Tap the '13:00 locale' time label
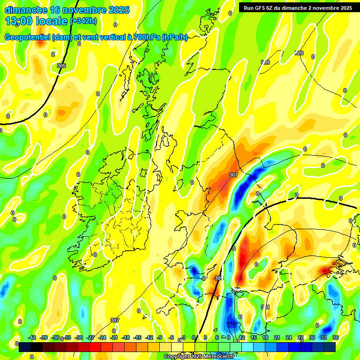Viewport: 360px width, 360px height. (x=36, y=21)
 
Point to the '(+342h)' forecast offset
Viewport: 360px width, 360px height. (x=83, y=21)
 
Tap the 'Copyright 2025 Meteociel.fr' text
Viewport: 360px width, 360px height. (x=199, y=356)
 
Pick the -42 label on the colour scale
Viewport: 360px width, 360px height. (x=32, y=337)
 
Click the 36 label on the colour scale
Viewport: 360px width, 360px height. (x=336, y=337)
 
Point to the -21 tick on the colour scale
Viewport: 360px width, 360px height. (x=114, y=337)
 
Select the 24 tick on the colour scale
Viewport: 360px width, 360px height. (x=289, y=337)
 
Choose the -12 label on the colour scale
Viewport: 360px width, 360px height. (x=149, y=337)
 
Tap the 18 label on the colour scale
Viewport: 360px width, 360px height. (x=265, y=337)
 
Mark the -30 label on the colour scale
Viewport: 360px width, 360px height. (x=79, y=337)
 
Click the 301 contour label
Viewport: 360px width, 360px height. (x=265, y=307)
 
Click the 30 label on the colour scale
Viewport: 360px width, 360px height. (x=312, y=337)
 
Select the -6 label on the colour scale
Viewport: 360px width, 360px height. (x=172, y=337)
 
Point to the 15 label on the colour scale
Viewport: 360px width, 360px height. (x=254, y=337)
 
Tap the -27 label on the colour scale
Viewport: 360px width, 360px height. (x=90, y=337)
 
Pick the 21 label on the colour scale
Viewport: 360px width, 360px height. (x=277, y=337)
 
